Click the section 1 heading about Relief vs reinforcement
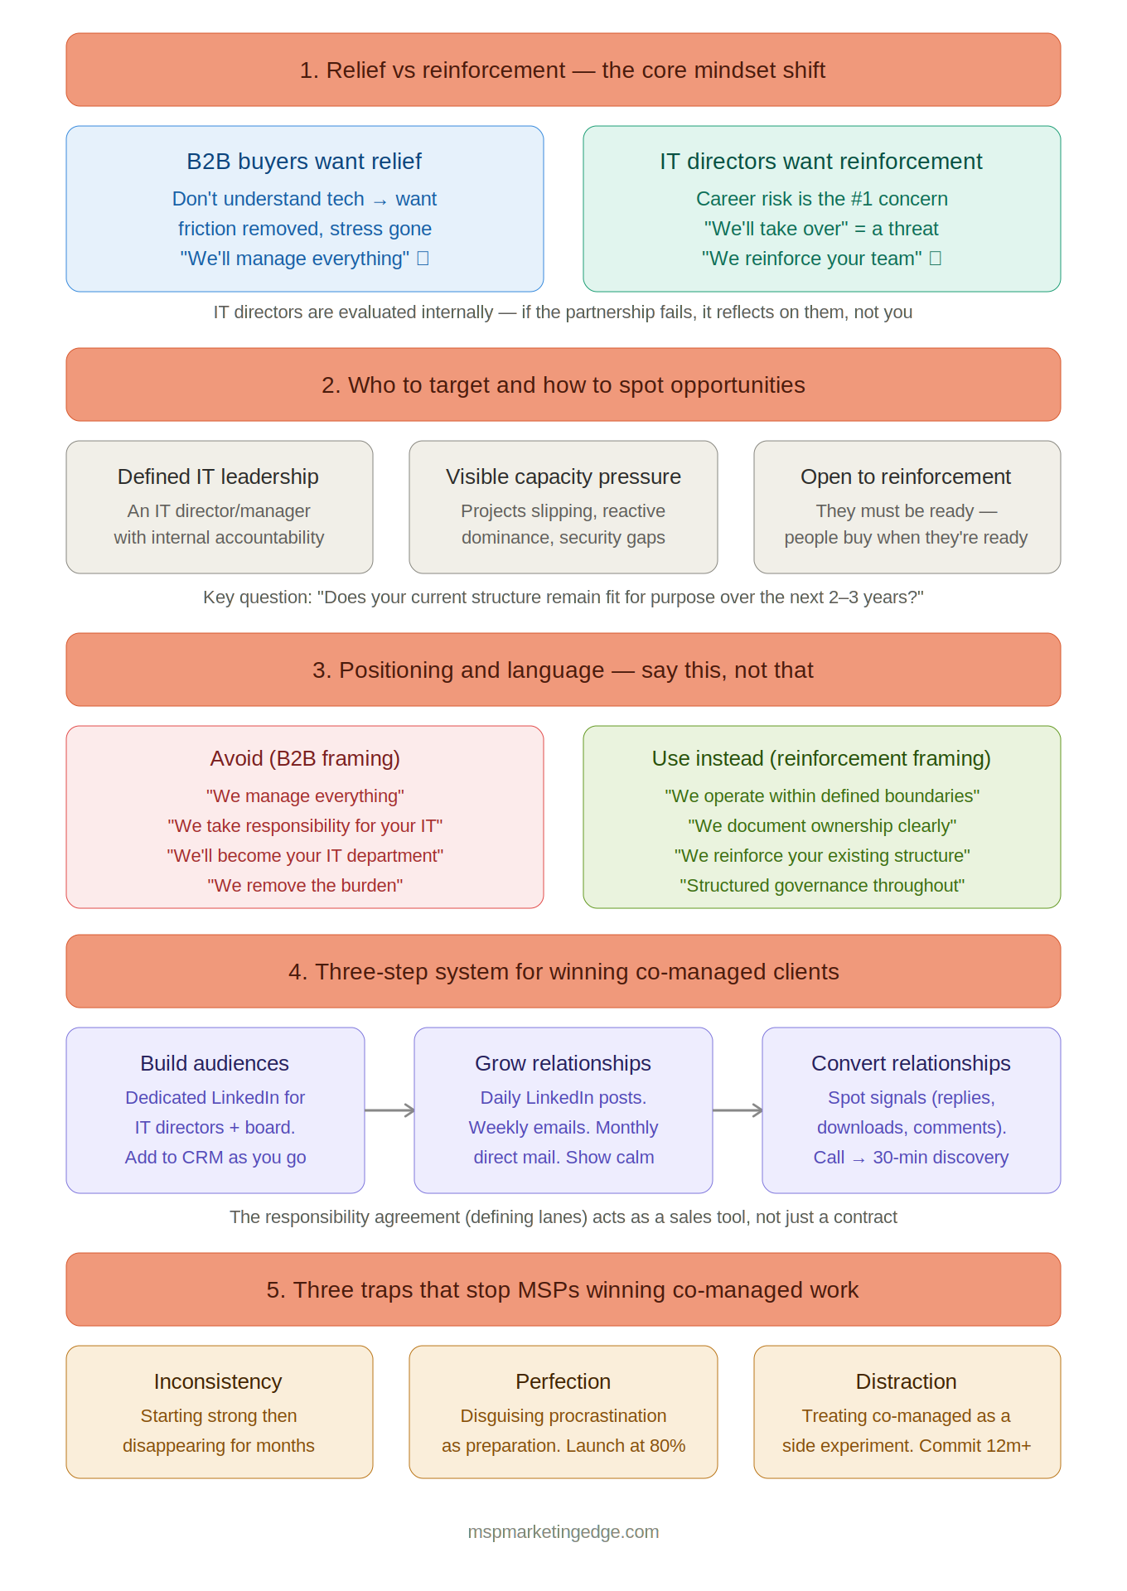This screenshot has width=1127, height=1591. tap(563, 70)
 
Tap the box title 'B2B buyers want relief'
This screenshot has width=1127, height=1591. tap(304, 162)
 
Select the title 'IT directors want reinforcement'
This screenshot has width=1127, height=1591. tap(821, 162)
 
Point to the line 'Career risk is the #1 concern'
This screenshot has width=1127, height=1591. tap(821, 199)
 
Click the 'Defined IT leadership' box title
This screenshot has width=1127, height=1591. tap(218, 476)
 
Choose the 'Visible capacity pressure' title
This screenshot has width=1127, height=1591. tap(563, 476)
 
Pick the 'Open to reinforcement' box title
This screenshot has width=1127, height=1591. tap(906, 476)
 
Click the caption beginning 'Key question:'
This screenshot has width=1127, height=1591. tap(563, 597)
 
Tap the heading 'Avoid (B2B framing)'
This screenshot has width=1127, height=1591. tap(305, 758)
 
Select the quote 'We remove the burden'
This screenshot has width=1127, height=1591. tap(305, 886)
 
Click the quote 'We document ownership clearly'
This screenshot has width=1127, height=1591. tap(822, 826)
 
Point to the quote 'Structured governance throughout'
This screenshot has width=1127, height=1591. tap(822, 886)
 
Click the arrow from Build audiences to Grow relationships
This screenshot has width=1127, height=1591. tap(389, 1110)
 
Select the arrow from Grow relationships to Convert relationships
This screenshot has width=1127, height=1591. tap(738, 1110)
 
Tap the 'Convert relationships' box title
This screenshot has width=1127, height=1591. tap(911, 1063)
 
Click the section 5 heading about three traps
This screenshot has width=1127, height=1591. tap(563, 1290)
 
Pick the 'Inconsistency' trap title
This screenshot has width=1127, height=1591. tap(218, 1381)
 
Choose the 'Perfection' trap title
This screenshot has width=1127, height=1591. tap(563, 1381)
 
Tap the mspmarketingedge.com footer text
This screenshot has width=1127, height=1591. tap(563, 1532)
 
